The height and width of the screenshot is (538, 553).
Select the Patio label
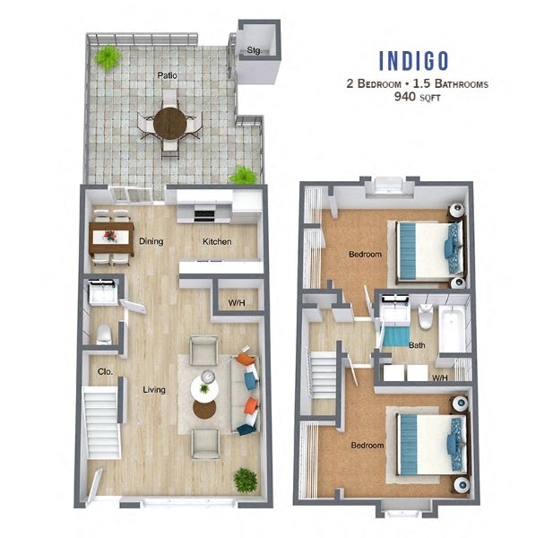167,75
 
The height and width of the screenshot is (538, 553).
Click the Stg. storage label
255,50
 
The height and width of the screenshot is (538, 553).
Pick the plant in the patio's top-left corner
108,58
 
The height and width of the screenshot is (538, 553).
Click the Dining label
151,241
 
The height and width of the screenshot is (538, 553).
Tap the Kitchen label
217,241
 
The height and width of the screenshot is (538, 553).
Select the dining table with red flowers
111,239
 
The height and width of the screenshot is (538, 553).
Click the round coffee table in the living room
205,387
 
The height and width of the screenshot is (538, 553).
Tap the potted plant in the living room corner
245,480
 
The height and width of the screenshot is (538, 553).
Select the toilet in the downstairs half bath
104,334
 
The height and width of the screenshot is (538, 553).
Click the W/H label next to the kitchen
237,303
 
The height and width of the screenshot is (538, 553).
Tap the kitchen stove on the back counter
204,213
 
